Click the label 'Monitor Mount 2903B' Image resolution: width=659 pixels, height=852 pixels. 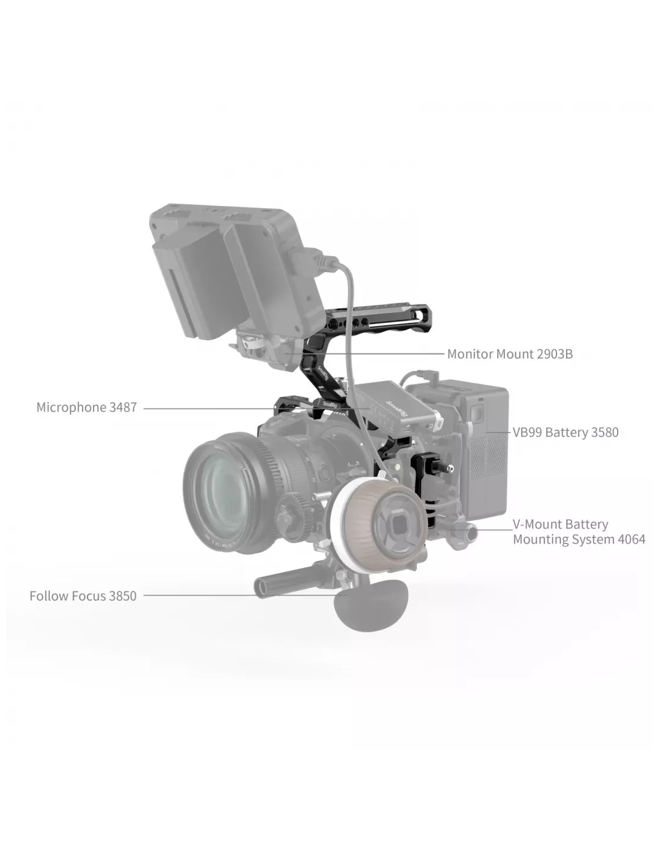[510, 354]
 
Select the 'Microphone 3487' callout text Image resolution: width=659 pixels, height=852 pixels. [87, 407]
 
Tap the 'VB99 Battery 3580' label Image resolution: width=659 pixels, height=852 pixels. [566, 433]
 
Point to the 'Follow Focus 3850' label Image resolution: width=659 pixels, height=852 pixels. [83, 596]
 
